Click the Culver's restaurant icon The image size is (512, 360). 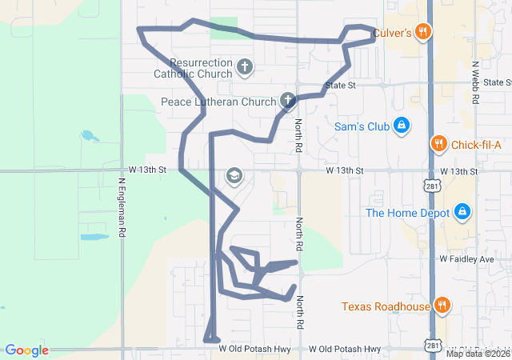click(x=423, y=32)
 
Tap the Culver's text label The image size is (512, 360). click(x=392, y=32)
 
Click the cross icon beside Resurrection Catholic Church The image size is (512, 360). click(x=245, y=67)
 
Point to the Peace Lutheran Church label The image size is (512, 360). click(x=217, y=102)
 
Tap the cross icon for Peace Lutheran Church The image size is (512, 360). click(x=287, y=101)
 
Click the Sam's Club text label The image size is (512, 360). click(x=361, y=126)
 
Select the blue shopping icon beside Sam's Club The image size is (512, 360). click(x=402, y=126)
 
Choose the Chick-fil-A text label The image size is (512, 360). click(x=476, y=145)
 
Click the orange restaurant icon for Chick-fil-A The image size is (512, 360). click(x=438, y=144)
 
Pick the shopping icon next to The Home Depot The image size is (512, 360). click(x=461, y=212)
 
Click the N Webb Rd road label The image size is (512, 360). click(x=475, y=83)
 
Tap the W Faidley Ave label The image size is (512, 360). click(x=466, y=260)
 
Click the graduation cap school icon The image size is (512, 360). click(x=234, y=176)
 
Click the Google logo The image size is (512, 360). click(x=26, y=350)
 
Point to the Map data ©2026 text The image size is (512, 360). click(x=478, y=354)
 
